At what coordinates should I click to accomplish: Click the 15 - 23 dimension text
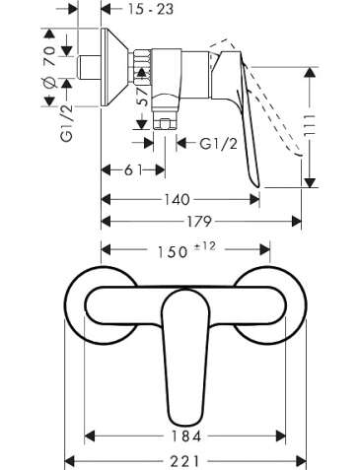point(151,9)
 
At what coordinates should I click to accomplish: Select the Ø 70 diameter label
point(49,66)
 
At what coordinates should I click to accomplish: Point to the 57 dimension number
point(144,97)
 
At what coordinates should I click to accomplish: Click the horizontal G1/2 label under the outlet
point(218,144)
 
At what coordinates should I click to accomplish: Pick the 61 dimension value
point(133,170)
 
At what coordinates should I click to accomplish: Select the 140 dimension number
point(177,199)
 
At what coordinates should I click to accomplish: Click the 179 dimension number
point(199,222)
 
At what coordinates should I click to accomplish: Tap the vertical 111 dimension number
point(310,126)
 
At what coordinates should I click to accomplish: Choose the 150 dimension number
point(173,252)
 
